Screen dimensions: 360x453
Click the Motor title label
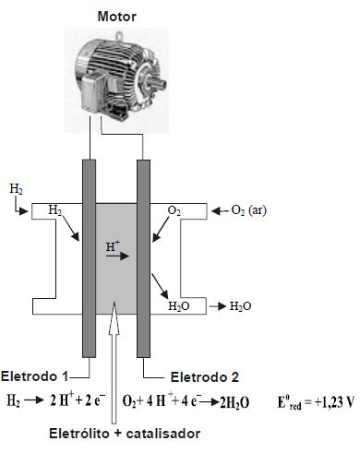point(117,17)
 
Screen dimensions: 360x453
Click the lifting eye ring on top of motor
point(120,35)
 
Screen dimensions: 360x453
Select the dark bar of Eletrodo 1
point(89,258)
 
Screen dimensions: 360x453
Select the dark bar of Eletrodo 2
point(143,258)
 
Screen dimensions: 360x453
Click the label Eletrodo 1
point(34,376)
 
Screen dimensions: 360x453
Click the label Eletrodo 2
point(205,377)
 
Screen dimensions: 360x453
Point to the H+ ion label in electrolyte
point(113,246)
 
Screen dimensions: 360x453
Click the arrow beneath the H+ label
point(117,256)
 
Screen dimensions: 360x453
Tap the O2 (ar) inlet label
point(249,210)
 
